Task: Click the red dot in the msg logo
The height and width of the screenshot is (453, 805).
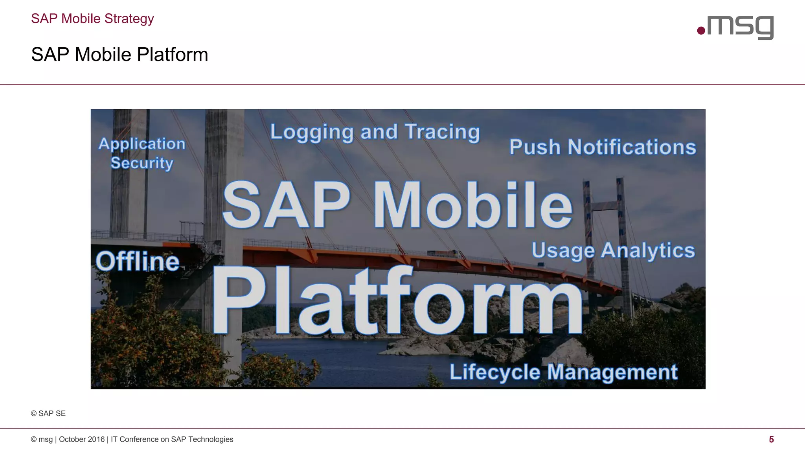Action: (701, 30)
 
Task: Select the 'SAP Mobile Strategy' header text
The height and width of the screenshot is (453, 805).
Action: (92, 18)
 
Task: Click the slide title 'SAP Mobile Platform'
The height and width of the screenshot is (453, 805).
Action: (119, 54)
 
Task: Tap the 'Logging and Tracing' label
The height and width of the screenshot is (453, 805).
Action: (375, 132)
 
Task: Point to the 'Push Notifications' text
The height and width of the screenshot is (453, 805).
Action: (602, 147)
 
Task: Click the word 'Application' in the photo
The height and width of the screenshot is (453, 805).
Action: (142, 144)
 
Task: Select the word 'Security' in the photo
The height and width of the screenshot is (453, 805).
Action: (142, 163)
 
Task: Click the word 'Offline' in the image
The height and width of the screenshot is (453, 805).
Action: (138, 261)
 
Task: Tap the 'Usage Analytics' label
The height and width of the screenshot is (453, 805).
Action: (613, 250)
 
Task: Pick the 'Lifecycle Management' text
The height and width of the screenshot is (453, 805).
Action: (563, 372)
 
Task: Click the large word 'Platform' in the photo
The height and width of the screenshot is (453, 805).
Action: (397, 301)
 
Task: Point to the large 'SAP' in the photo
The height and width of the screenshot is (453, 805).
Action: (286, 205)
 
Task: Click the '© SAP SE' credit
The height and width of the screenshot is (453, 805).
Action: (48, 413)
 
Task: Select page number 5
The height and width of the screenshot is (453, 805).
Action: (771, 439)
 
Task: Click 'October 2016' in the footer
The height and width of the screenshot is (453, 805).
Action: (82, 439)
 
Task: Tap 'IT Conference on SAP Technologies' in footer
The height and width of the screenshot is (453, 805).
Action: (172, 439)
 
